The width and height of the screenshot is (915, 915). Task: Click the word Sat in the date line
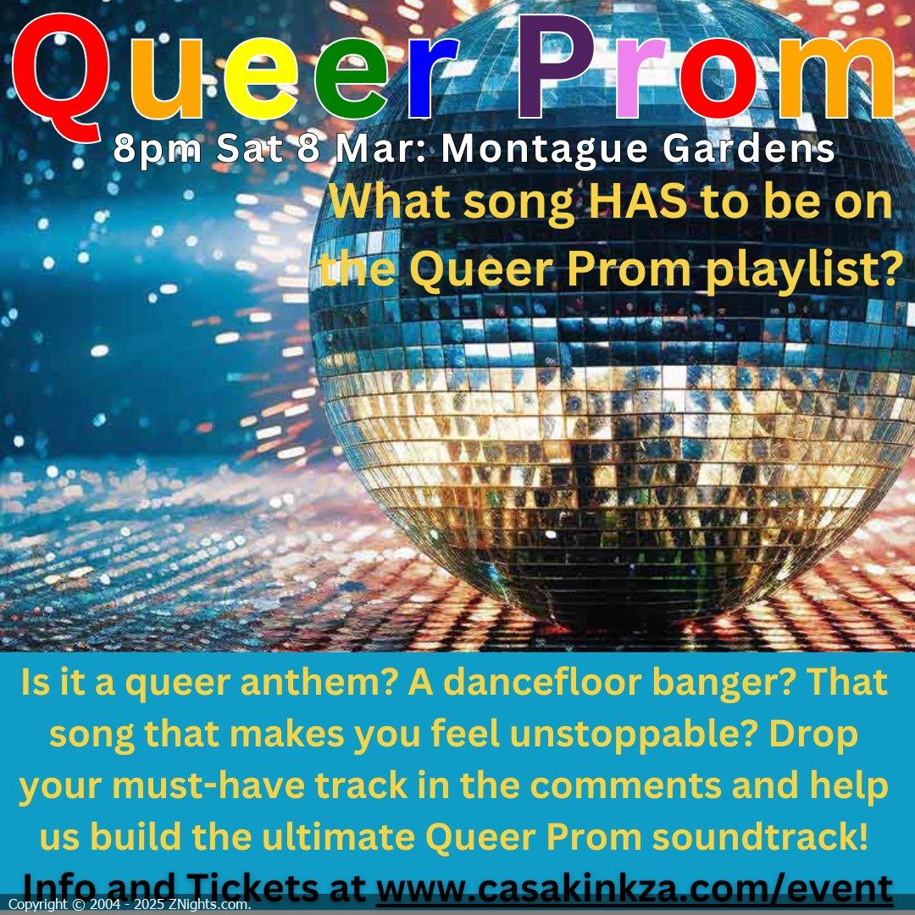point(250,149)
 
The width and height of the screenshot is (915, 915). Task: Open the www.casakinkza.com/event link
point(635,888)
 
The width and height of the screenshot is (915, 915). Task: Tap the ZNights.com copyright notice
point(130,905)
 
